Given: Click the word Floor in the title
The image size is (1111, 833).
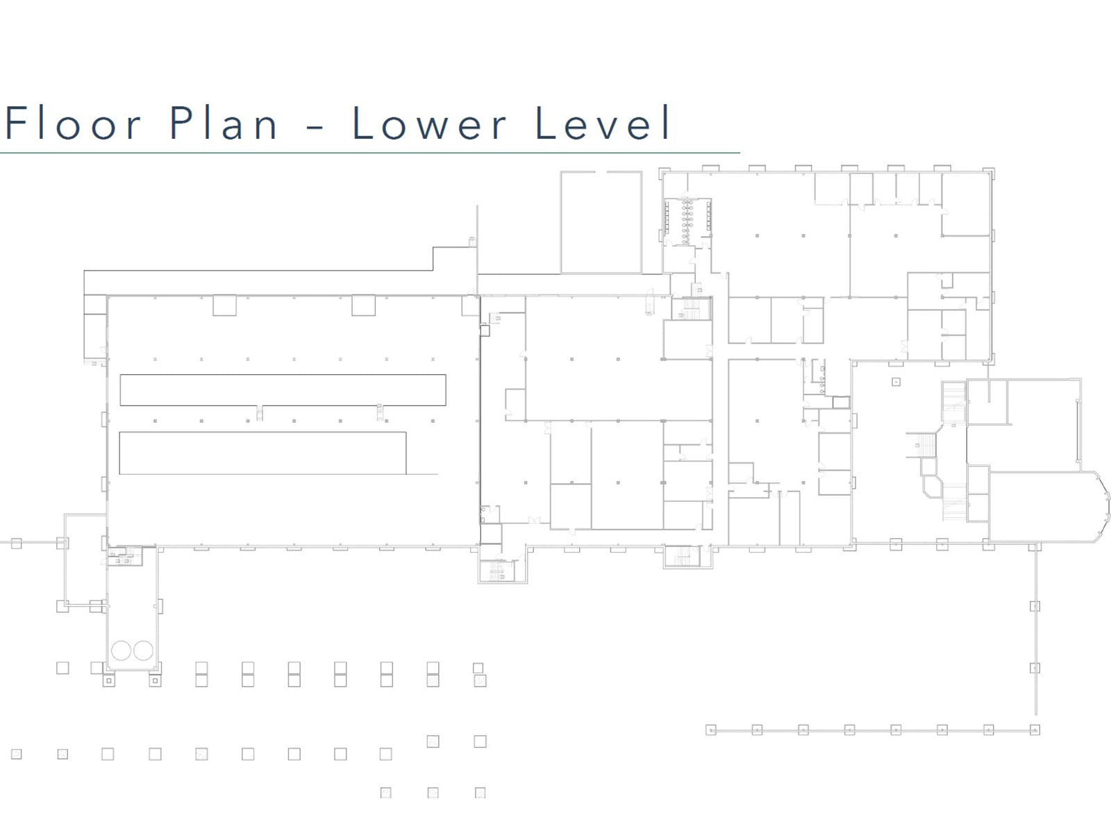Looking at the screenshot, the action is click(x=74, y=122).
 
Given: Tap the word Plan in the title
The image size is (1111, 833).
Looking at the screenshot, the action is click(x=223, y=122).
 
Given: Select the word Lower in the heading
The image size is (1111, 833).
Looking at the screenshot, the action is click(x=429, y=122).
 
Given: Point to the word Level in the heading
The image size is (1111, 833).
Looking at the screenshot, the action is click(x=603, y=122).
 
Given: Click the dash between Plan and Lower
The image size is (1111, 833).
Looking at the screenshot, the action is click(x=315, y=126).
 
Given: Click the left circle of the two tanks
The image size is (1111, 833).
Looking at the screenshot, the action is click(x=121, y=650).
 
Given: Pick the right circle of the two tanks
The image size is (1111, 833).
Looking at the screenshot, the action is click(x=143, y=650).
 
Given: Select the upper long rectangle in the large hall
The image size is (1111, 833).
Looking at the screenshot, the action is click(x=283, y=390).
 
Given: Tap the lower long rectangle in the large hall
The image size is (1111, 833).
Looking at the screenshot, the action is click(x=262, y=453).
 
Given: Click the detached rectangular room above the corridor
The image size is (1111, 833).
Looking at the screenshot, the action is click(x=601, y=222).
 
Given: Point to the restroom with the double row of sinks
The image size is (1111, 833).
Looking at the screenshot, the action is click(x=687, y=222).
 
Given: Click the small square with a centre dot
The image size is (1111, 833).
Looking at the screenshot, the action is click(x=896, y=382).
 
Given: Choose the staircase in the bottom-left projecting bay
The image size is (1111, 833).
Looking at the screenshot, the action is click(x=497, y=571).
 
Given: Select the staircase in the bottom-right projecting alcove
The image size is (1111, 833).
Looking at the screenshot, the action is click(x=683, y=556).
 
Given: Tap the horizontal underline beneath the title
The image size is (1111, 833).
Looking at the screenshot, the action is click(x=370, y=152).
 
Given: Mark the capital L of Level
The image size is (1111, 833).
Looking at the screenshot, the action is click(x=545, y=122).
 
